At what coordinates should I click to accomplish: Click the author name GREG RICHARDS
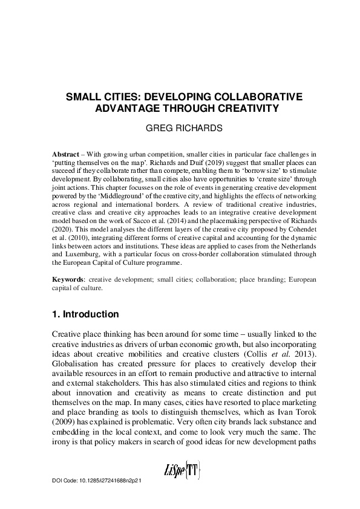pos(180,129)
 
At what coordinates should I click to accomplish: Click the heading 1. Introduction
pos(85,314)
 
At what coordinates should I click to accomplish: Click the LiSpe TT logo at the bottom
pos(180,470)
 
